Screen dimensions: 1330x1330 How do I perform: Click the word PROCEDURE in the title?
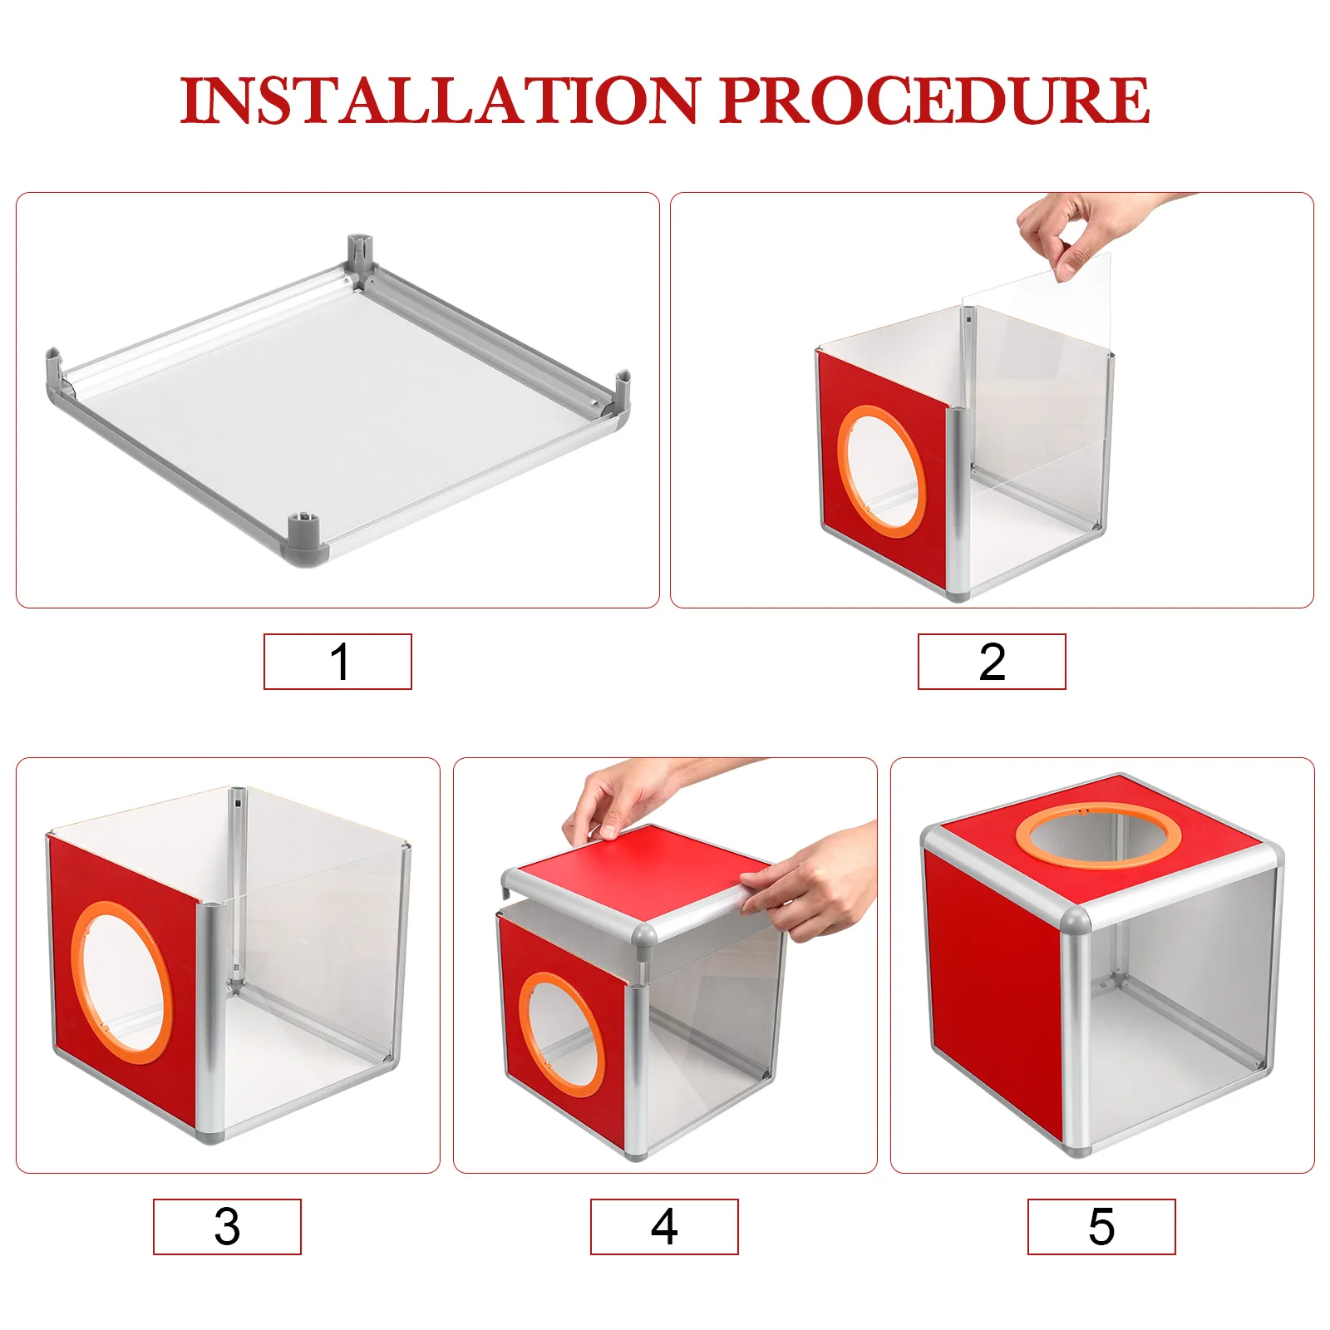click(934, 101)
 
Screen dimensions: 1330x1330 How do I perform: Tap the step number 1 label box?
click(337, 662)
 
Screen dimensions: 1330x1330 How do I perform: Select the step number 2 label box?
click(992, 662)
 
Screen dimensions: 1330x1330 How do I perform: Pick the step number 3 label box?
click(227, 1226)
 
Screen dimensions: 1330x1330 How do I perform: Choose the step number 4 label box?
click(664, 1226)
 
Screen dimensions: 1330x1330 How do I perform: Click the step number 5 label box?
click(1101, 1226)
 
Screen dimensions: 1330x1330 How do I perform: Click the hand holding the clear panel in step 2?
click(1072, 229)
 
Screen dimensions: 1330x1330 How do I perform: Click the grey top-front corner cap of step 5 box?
click(1075, 921)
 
